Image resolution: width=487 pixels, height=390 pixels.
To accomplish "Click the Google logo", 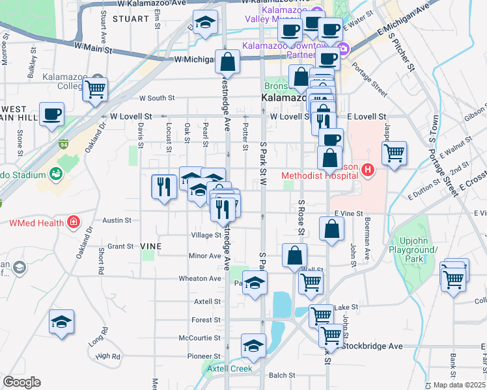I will tap(21, 382).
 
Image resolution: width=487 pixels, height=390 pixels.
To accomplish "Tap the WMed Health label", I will tap(36, 223).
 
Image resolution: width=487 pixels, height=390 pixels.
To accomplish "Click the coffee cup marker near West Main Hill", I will tap(51, 114).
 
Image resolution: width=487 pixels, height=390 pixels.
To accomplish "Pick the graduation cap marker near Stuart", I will tap(205, 23).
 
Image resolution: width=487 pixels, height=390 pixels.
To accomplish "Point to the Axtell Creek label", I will tap(230, 369).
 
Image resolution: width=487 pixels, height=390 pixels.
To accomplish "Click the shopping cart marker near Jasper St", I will tap(394, 153).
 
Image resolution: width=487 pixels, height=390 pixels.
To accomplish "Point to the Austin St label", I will tap(117, 220).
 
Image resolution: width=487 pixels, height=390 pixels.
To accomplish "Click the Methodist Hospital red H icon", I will tap(368, 171).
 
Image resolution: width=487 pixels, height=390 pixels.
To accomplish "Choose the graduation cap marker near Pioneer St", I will tap(253, 345).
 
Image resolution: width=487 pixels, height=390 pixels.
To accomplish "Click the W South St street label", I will tap(156, 98).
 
